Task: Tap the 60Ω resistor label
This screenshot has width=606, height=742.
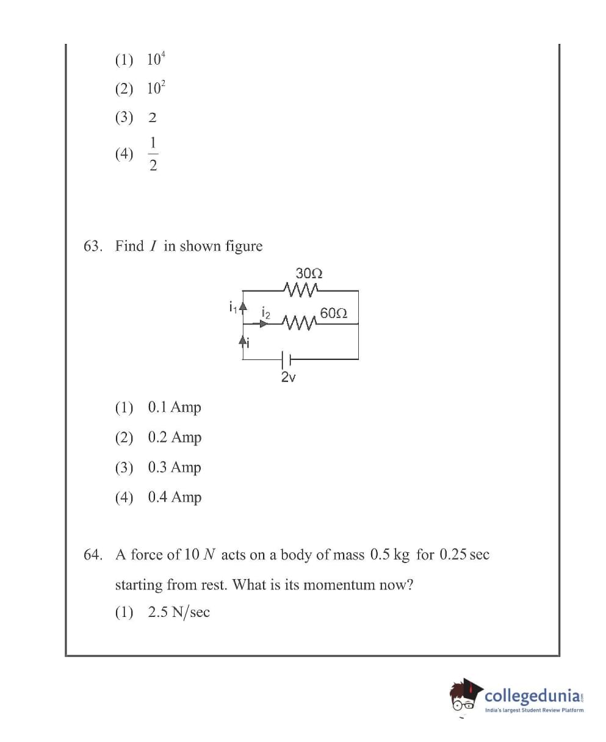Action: pos(333,314)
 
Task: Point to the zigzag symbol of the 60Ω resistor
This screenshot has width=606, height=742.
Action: pos(298,322)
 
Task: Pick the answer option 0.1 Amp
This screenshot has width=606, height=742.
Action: pos(174,407)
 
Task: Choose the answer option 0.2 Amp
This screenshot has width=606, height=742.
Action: pos(174,437)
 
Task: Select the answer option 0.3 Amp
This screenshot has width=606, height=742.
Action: pos(174,467)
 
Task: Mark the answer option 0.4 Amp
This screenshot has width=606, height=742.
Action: pos(174,497)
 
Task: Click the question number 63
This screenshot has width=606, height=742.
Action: pos(92,247)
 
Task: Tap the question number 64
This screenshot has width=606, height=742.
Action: pos(92,555)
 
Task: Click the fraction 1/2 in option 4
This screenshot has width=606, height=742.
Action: pos(153,154)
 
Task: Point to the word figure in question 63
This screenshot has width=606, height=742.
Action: pos(243,247)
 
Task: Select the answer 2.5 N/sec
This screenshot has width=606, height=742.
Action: pos(179,613)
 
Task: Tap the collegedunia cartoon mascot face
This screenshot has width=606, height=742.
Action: pos(465,696)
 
